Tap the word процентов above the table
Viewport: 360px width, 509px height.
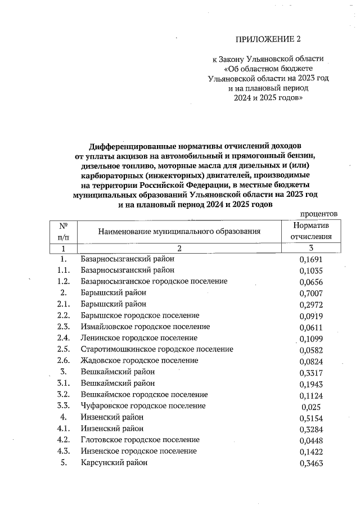(318, 214)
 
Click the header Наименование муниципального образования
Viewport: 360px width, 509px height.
(179, 231)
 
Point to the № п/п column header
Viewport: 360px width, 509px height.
(64, 231)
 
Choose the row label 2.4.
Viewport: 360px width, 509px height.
(64, 338)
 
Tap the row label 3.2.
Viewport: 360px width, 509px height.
(64, 395)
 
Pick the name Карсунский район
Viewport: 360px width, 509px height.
(114, 462)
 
